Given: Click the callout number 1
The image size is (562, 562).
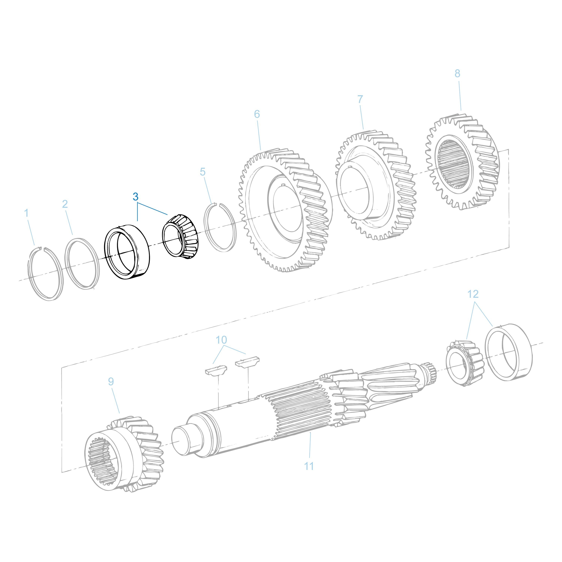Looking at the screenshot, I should (26, 213).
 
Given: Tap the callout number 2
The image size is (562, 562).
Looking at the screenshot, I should (65, 204).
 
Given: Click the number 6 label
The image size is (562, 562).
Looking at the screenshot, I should (257, 114).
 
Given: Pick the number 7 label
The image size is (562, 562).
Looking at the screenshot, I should (360, 99).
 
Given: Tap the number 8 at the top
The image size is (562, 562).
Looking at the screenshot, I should (457, 74).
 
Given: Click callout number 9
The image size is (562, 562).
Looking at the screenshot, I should (111, 381).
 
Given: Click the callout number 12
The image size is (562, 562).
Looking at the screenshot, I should (473, 294).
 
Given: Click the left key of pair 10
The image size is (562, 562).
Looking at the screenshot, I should (216, 370).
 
